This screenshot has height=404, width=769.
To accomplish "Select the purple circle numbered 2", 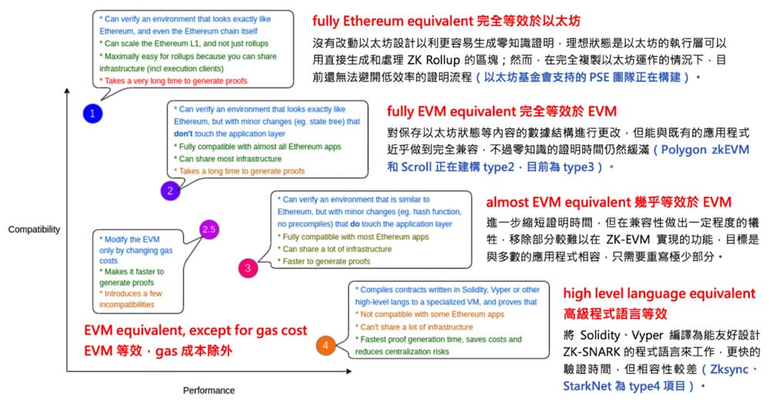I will click(x=170, y=190).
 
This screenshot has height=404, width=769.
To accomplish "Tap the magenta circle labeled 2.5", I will click(x=208, y=229).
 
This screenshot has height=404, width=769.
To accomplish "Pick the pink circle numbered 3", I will click(x=248, y=267).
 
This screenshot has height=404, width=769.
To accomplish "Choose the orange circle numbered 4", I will click(x=325, y=346).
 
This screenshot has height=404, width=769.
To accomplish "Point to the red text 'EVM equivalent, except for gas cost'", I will click(x=195, y=330).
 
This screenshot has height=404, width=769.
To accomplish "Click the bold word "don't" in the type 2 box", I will click(x=185, y=133).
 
